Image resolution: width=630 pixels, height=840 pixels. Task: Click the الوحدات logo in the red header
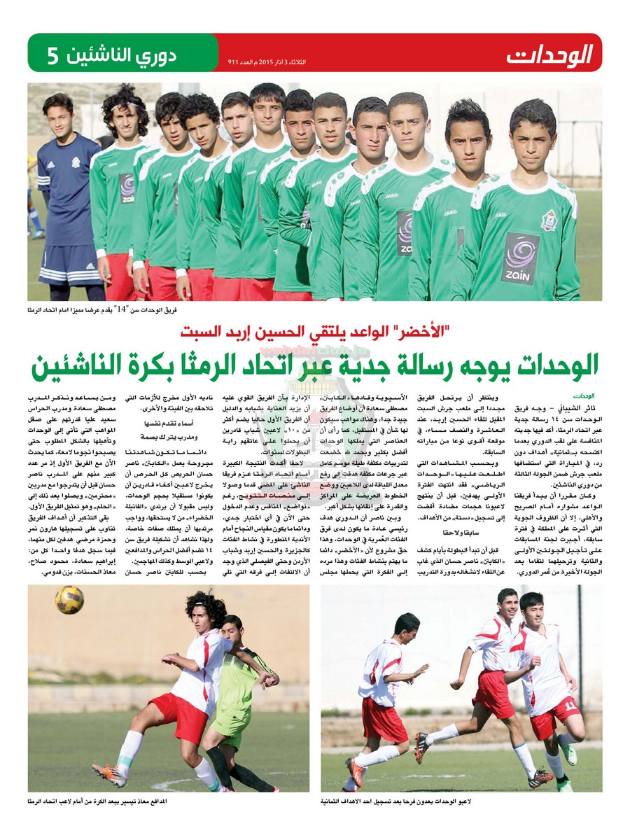coord(549,52)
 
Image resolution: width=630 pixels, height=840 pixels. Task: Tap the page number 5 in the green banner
coord(52,55)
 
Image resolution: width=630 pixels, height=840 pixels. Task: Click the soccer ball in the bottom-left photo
coord(69,600)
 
